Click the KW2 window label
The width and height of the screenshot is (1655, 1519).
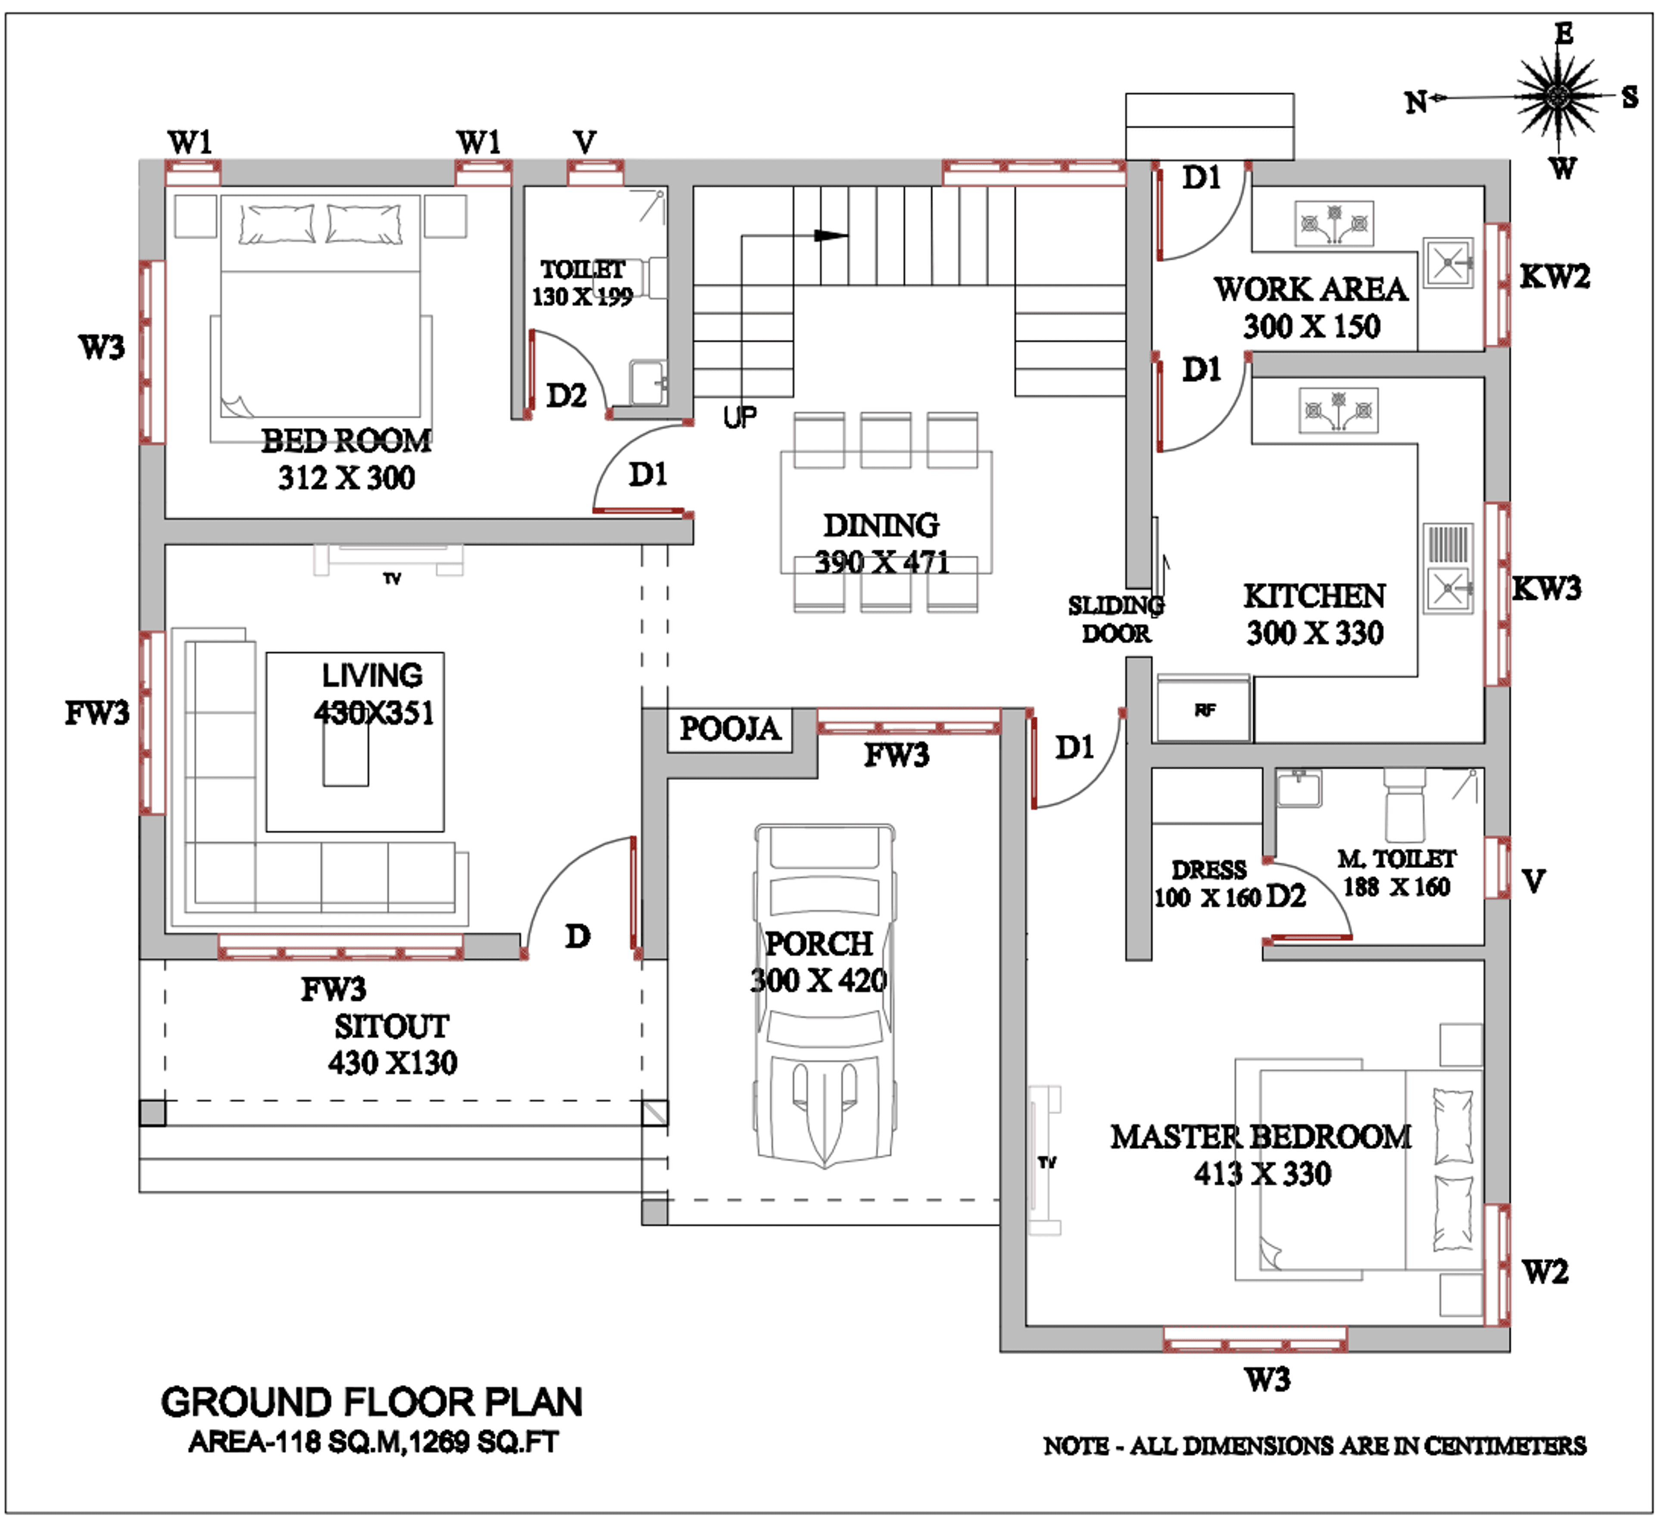[1554, 276]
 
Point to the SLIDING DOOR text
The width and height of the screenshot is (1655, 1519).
[1116, 619]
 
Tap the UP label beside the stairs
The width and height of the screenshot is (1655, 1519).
[740, 417]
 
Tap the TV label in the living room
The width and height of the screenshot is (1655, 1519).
[392, 579]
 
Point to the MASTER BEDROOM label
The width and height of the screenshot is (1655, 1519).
[1262, 1137]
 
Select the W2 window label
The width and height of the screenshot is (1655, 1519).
[1545, 1272]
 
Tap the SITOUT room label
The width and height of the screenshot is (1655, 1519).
[392, 1027]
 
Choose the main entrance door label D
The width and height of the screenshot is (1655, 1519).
[578, 936]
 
